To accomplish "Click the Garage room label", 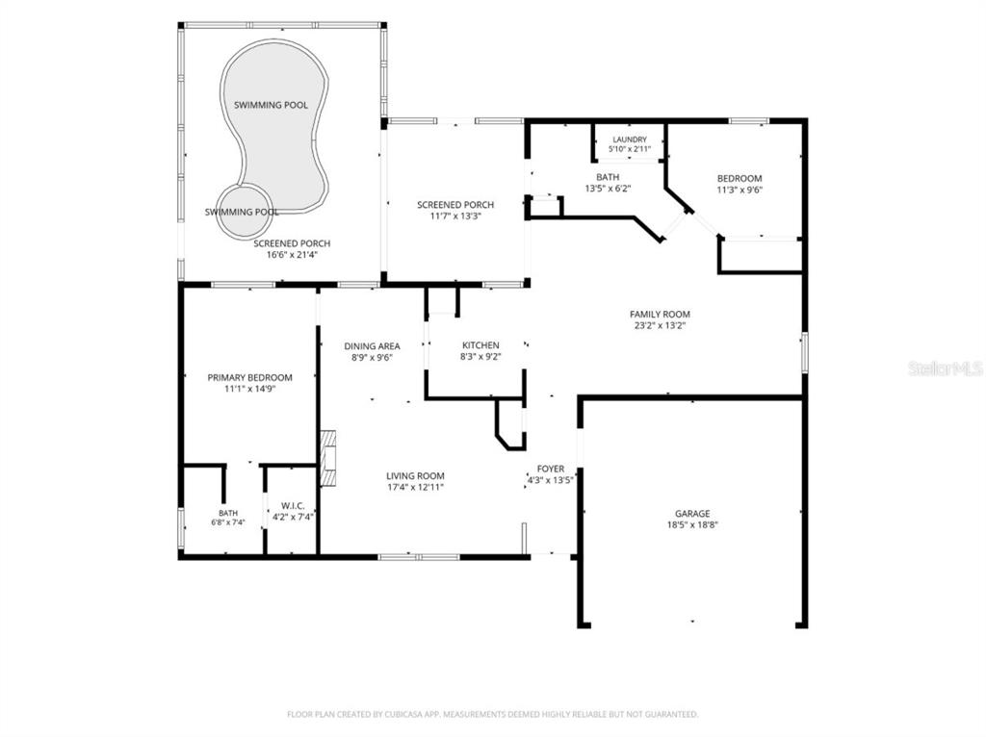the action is pyautogui.click(x=692, y=514).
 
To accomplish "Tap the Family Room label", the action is pyautogui.click(x=660, y=315).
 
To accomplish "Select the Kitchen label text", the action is pyautogui.click(x=480, y=345).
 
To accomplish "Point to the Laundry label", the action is pyautogui.click(x=630, y=140).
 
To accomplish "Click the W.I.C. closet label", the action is pyautogui.click(x=293, y=506).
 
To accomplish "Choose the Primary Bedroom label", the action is pyautogui.click(x=249, y=377).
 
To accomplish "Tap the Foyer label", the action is pyautogui.click(x=550, y=469).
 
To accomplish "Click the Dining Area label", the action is pyautogui.click(x=372, y=346).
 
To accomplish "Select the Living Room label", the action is pyautogui.click(x=415, y=476).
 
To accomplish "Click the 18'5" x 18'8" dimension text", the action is pyautogui.click(x=692, y=525).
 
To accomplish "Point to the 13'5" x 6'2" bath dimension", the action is pyautogui.click(x=608, y=189).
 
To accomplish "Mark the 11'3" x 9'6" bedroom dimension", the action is pyautogui.click(x=739, y=190).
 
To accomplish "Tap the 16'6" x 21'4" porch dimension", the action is pyautogui.click(x=292, y=255).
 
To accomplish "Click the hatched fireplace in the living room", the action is pyautogui.click(x=327, y=459).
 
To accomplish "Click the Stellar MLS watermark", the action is pyautogui.click(x=946, y=368).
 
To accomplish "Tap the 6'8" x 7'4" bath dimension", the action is pyautogui.click(x=228, y=522).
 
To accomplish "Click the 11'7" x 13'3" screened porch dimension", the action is pyautogui.click(x=455, y=216).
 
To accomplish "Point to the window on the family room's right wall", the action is pyautogui.click(x=804, y=353).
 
